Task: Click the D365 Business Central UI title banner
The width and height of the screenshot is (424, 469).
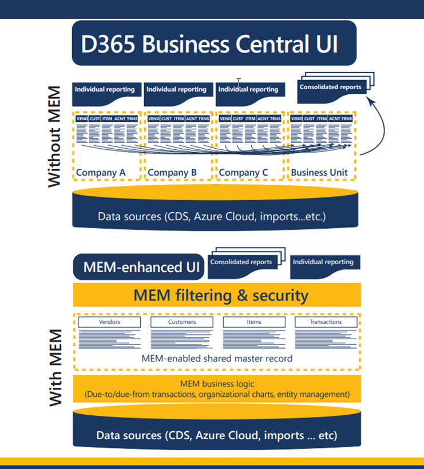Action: [x=213, y=43]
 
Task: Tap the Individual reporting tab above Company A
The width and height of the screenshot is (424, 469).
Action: [x=105, y=89]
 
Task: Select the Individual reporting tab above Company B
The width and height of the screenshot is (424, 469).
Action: [x=176, y=89]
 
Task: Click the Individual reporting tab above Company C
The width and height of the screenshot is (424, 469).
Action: [x=248, y=89]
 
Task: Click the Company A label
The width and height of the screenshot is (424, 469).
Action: [x=101, y=172]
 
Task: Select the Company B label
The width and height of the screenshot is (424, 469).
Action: [x=172, y=172]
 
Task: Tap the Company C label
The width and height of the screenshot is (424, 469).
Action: [x=244, y=172]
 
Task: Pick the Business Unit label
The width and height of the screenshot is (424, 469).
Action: [x=319, y=172]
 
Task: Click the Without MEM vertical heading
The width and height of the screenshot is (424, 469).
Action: [x=54, y=137]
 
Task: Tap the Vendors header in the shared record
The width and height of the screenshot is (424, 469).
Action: [x=109, y=322]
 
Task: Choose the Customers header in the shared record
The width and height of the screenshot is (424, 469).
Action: [x=181, y=322]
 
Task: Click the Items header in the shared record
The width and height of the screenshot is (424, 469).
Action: [x=253, y=322]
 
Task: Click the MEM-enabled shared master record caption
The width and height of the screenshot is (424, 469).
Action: [x=217, y=359]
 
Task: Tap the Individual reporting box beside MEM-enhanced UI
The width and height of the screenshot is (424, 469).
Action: [x=323, y=263]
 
